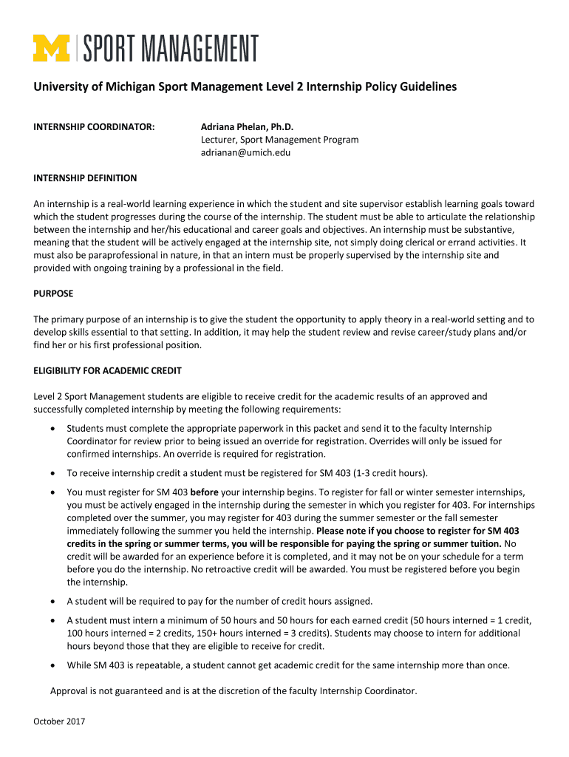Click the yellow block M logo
click(51, 48)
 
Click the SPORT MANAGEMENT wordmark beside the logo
click(171, 48)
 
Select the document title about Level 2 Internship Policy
click(245, 87)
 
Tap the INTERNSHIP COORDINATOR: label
click(94, 127)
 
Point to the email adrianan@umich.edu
click(245, 152)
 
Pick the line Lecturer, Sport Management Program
click(279, 140)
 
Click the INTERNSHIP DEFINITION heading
click(85, 178)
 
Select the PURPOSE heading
click(53, 293)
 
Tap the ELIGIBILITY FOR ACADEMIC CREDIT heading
click(107, 370)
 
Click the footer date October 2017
click(60, 721)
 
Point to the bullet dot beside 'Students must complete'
click(51, 429)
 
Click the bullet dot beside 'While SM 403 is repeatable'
click(51, 665)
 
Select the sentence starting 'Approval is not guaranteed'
click(233, 691)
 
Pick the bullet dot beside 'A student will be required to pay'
click(51, 601)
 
